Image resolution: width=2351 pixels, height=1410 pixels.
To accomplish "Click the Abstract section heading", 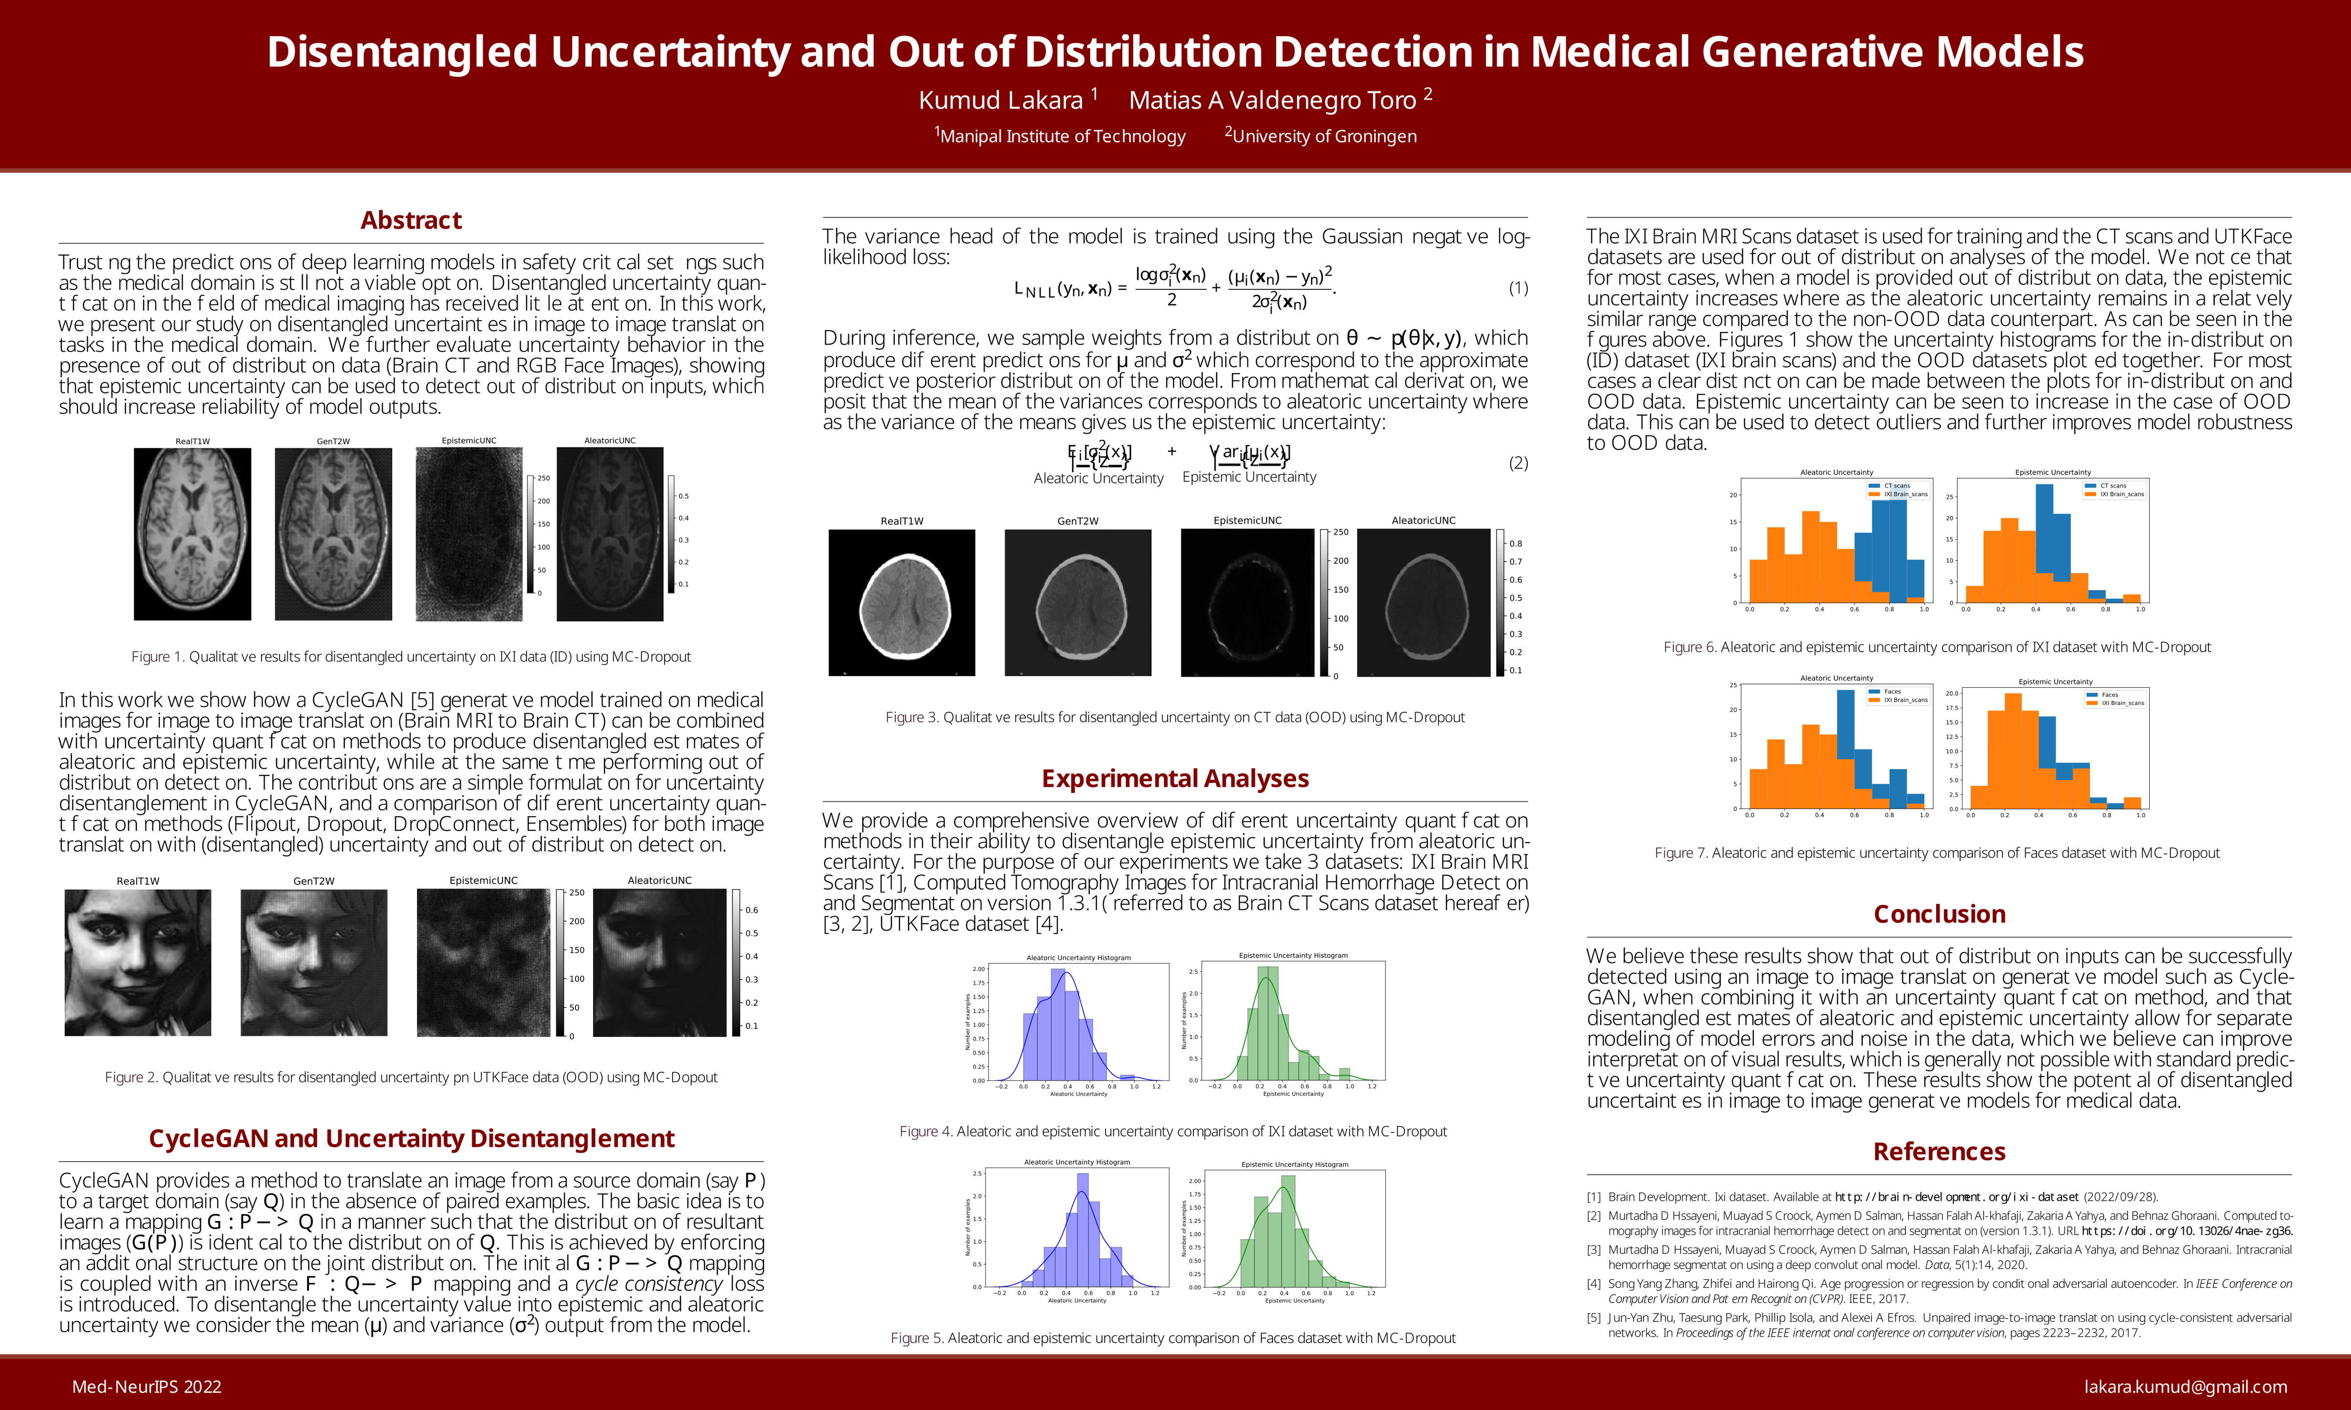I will click(410, 220).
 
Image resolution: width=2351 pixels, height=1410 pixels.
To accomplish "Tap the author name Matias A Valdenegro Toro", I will click(1272, 100).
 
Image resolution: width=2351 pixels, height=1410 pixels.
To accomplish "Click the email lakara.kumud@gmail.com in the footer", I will click(2184, 1386).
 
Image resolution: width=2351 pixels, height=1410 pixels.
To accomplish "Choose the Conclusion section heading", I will click(1939, 914).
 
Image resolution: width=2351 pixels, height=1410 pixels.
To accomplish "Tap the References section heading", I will click(1939, 1151).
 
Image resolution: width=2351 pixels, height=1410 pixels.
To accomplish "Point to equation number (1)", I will click(1517, 288).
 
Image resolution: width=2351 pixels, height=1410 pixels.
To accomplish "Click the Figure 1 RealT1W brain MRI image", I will click(193, 534).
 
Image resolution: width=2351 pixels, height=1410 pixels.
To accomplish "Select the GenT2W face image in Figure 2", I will click(313, 963).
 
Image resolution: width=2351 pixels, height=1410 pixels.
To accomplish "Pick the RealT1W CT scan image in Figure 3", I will click(902, 602).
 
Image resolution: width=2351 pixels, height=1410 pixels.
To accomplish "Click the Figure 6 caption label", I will click(1690, 647).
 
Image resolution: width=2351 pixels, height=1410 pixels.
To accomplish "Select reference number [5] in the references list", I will click(1594, 1318).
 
